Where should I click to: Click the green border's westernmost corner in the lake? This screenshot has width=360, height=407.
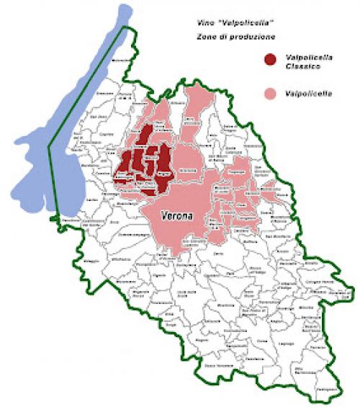[x=48, y=147]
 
